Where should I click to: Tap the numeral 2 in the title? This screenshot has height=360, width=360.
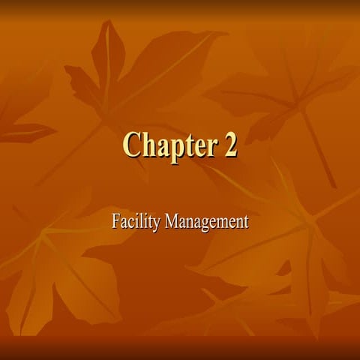click(x=229, y=145)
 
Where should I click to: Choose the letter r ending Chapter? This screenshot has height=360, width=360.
click(x=213, y=147)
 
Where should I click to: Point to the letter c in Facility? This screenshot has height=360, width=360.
click(x=130, y=223)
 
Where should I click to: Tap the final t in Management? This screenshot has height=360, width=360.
click(x=244, y=222)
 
